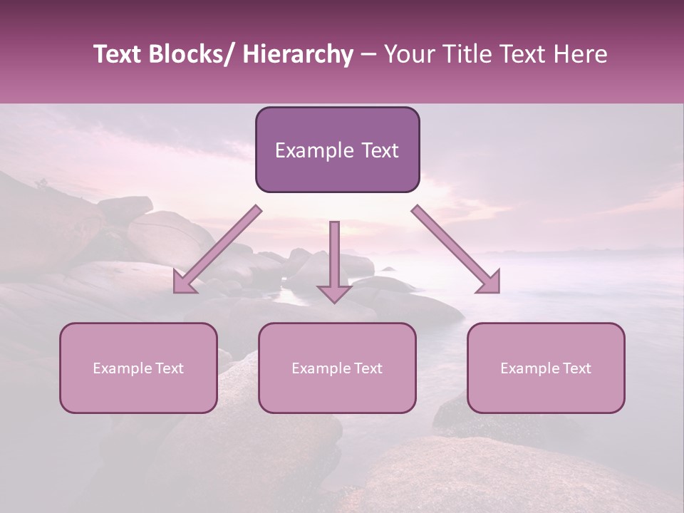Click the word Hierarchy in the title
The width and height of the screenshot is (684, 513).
(x=298, y=54)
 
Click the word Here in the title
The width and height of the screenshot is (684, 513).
(x=581, y=54)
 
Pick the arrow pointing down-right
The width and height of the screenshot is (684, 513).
(x=456, y=250)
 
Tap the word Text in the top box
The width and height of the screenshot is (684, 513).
(x=379, y=150)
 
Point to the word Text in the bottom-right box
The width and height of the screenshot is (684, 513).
(x=577, y=368)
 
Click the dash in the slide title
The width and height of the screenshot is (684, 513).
(x=368, y=55)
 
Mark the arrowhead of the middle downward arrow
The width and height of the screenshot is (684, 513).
(x=334, y=294)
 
